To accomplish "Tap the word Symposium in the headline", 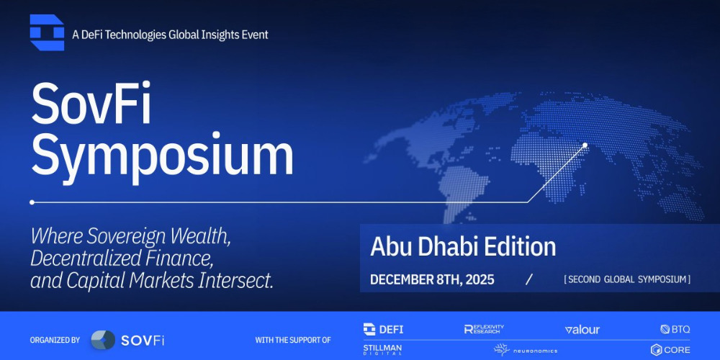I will (x=162, y=156).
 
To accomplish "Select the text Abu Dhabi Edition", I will (x=463, y=247).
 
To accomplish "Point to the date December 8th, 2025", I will (x=432, y=279).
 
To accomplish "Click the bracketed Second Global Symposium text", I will (x=627, y=279).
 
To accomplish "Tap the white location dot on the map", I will (x=585, y=145).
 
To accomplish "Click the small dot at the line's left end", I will (x=32, y=202).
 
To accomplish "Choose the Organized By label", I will (x=55, y=340).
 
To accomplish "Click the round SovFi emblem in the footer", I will (x=103, y=340).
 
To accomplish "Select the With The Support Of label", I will (x=293, y=340).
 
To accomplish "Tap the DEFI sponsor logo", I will (x=384, y=329).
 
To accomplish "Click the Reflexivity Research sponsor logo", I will (x=484, y=329).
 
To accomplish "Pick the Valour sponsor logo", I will (x=582, y=330).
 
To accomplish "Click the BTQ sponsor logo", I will (x=675, y=329).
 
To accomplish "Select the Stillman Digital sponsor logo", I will (x=383, y=350).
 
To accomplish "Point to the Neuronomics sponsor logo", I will (x=525, y=350).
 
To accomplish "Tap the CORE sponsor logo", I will (x=670, y=350).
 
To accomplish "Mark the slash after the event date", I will (x=529, y=279).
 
